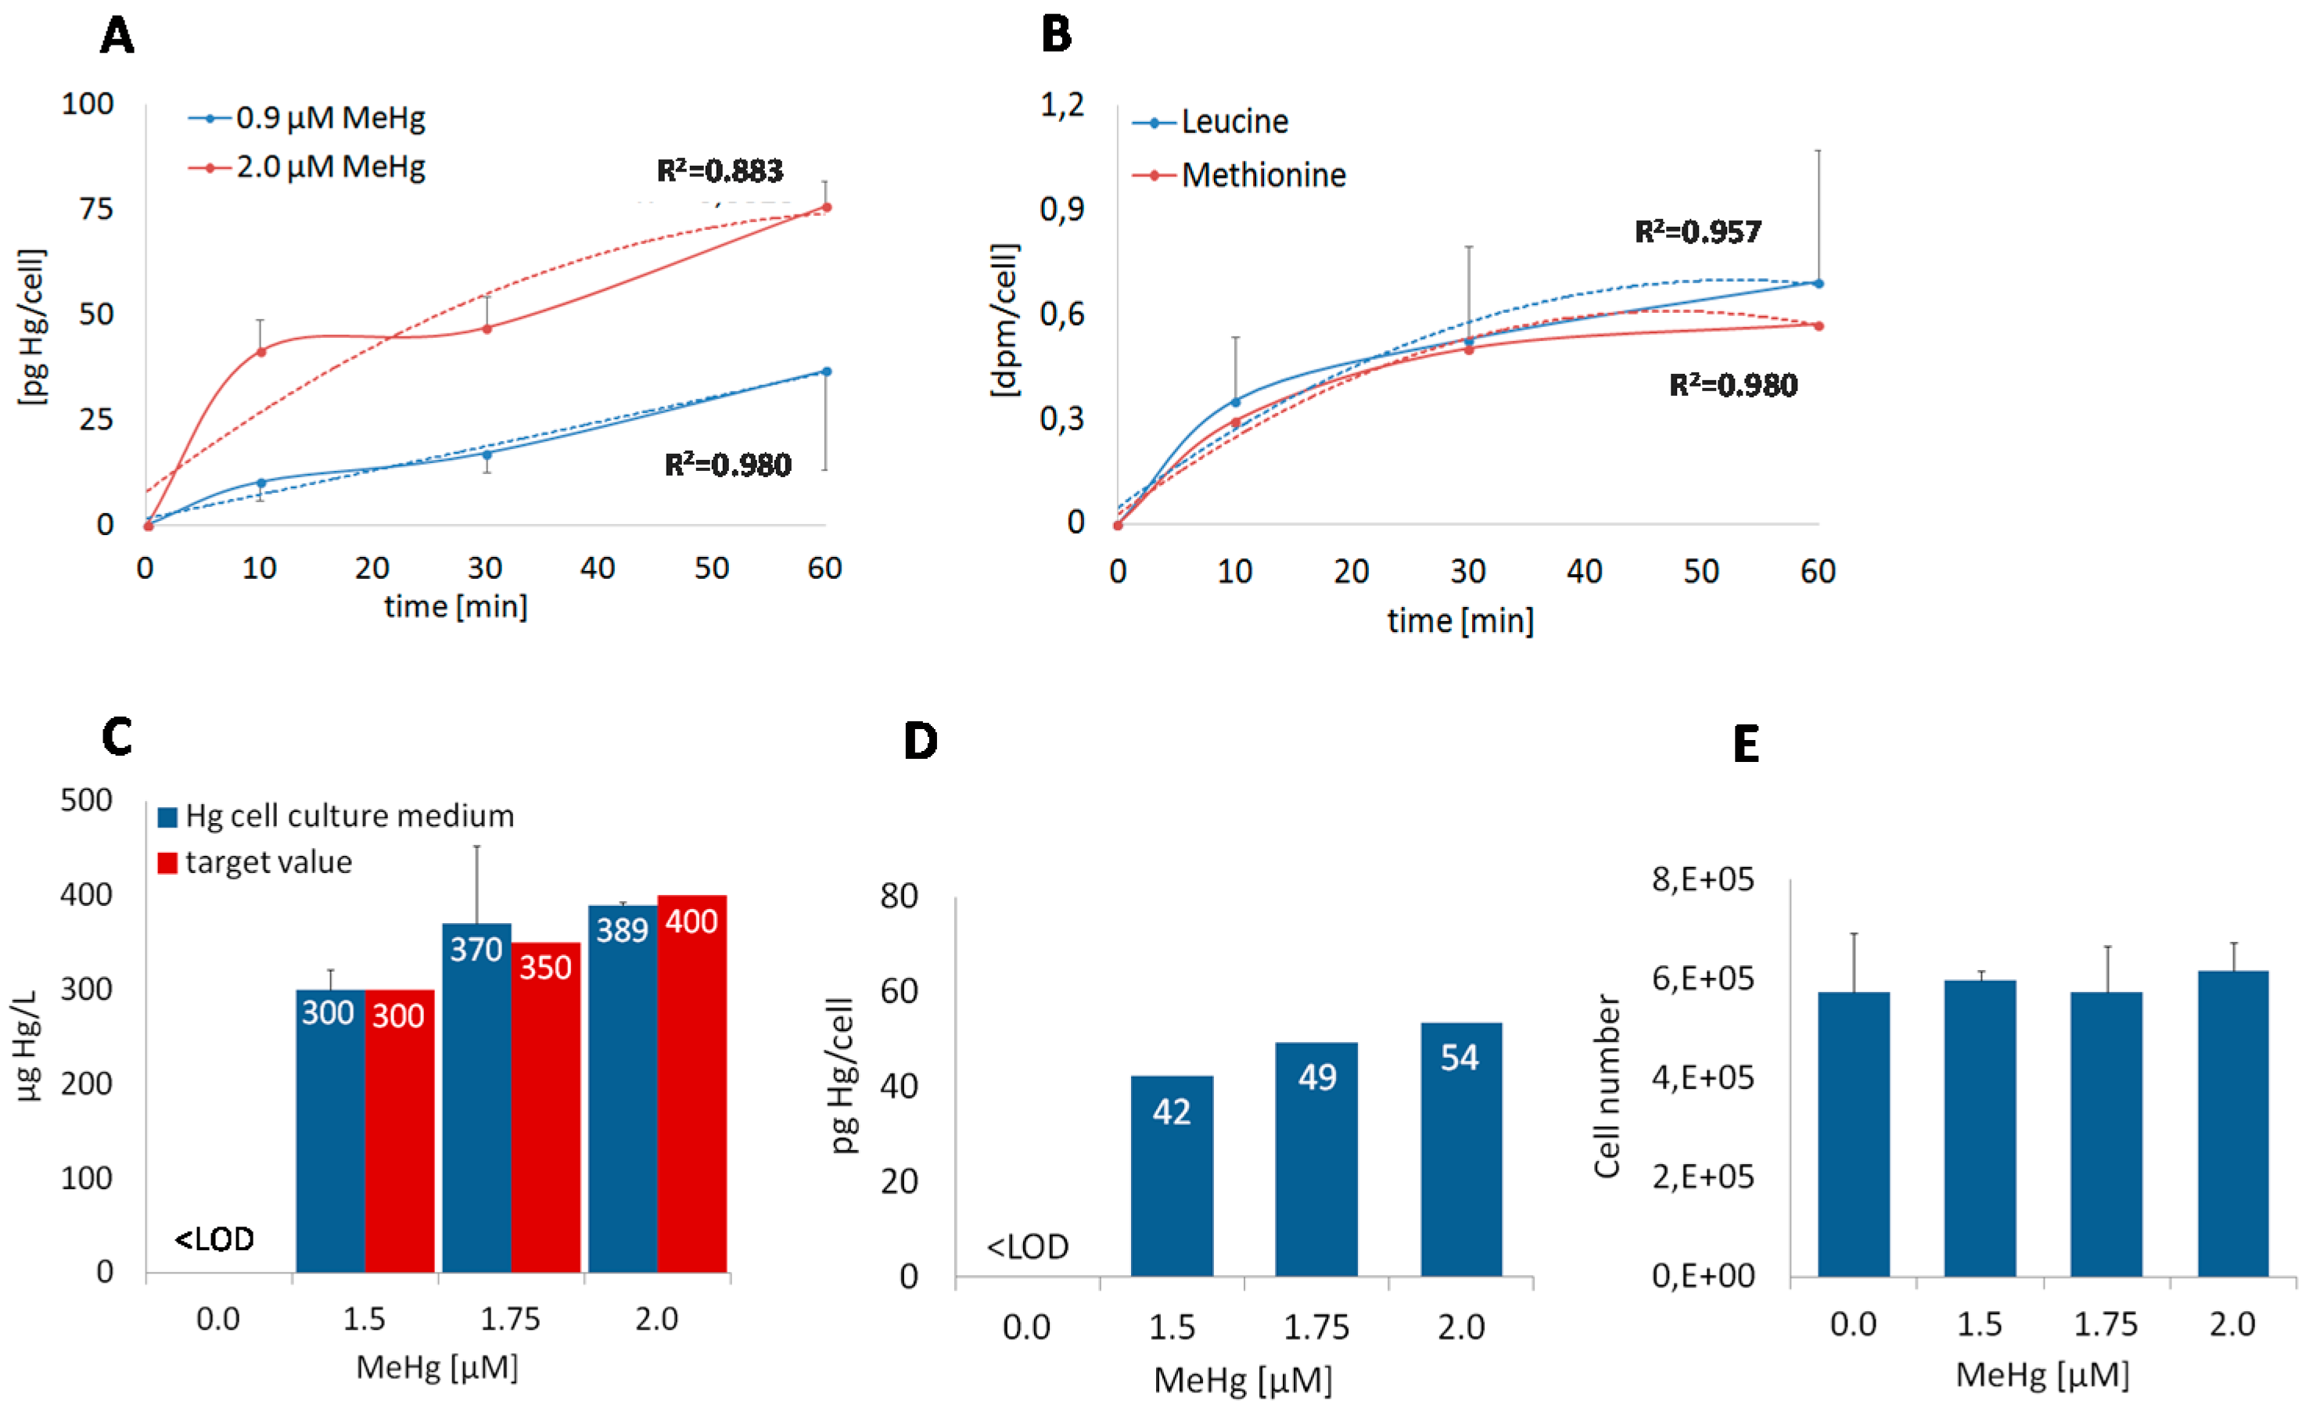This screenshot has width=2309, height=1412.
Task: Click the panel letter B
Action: (1056, 36)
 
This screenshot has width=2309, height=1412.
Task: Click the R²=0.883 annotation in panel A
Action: (720, 171)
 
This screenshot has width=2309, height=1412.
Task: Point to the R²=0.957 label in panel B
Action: (1698, 232)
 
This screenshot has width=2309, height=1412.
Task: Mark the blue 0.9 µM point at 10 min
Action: (261, 483)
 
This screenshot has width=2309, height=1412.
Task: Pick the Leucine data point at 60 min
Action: (1818, 283)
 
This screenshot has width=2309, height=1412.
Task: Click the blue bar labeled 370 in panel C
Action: (476, 1096)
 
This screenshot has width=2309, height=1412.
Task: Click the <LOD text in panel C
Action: (214, 1240)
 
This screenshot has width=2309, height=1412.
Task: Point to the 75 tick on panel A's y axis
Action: (95, 209)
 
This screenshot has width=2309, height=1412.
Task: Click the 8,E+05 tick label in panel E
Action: (1702, 880)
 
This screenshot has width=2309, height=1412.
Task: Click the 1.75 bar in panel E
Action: (2106, 1133)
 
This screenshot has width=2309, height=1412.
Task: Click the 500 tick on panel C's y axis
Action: (86, 800)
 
